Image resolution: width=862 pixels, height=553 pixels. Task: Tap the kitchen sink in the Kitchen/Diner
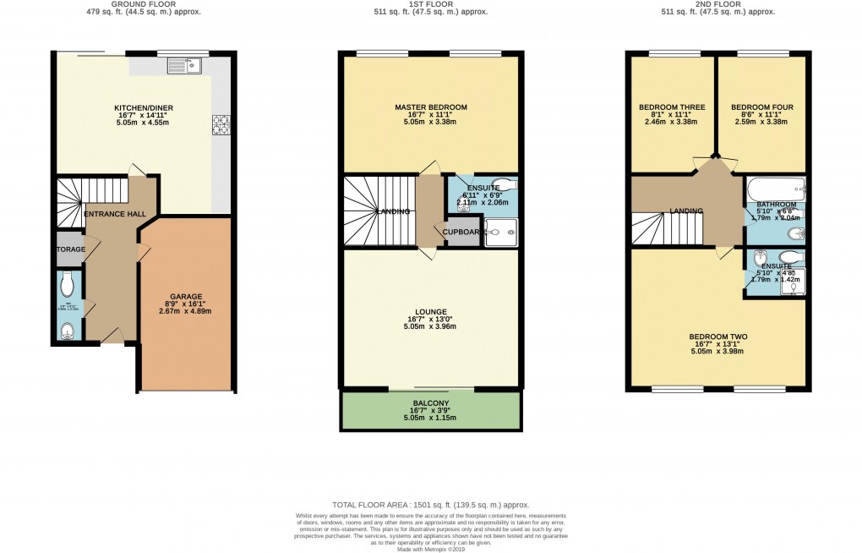[182, 64]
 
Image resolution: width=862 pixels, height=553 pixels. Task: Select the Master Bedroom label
[430, 107]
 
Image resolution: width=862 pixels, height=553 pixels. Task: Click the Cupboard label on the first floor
[461, 232]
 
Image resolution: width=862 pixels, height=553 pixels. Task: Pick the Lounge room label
[430, 312]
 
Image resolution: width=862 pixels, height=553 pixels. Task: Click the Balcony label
[430, 402]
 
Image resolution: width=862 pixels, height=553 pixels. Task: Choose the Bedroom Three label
[672, 107]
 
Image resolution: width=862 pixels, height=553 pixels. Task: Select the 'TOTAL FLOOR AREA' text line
[430, 503]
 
